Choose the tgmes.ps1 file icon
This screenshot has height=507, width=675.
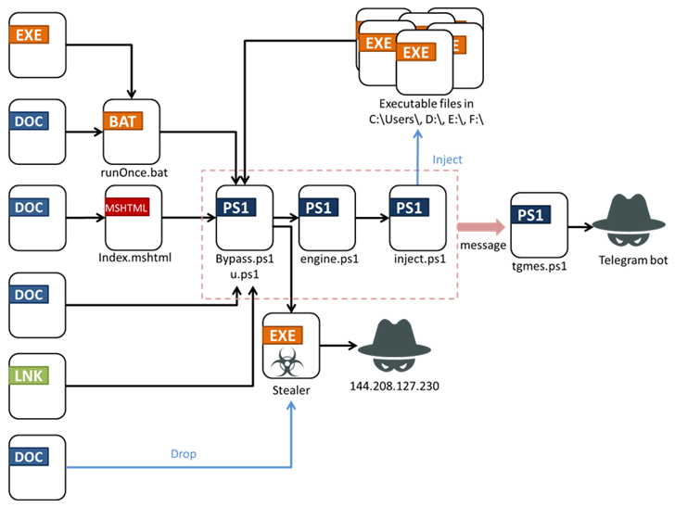tap(539, 225)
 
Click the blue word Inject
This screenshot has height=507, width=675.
tap(447, 159)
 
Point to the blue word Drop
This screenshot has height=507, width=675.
tap(183, 455)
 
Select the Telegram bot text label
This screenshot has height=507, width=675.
tap(631, 261)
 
